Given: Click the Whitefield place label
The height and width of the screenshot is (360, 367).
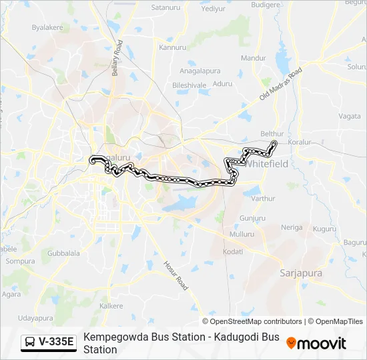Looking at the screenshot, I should (x=268, y=163).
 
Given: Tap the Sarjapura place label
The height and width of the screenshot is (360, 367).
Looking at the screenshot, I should (x=300, y=273).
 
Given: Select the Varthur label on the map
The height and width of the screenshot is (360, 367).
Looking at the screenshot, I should (x=264, y=198).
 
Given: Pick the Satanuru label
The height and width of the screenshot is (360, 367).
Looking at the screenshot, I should (x=166, y=8).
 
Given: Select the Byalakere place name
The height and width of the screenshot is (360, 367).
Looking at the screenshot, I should (x=47, y=27).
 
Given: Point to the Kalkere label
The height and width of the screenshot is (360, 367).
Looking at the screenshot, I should (x=111, y=306).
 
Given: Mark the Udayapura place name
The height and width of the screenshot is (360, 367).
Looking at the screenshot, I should (x=35, y=319).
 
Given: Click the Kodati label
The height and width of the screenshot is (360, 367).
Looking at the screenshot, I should (x=233, y=251).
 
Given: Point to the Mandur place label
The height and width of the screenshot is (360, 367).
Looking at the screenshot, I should (x=254, y=58).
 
